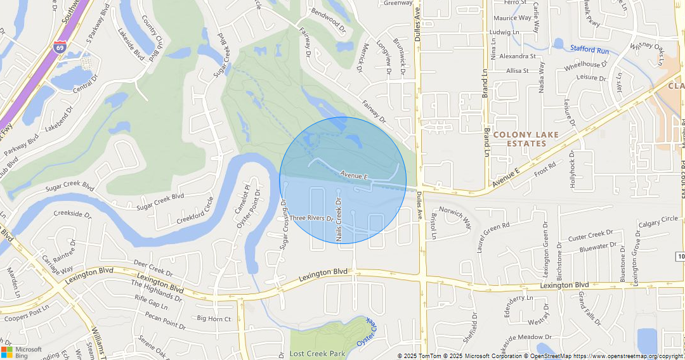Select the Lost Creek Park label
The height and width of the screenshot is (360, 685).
tap(317, 353)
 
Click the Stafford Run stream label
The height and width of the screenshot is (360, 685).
tap(589, 49)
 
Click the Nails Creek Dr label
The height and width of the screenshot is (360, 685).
tap(339, 219)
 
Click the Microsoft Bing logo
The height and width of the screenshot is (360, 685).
tap(22, 352)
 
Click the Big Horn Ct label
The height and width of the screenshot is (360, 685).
tap(214, 319)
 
